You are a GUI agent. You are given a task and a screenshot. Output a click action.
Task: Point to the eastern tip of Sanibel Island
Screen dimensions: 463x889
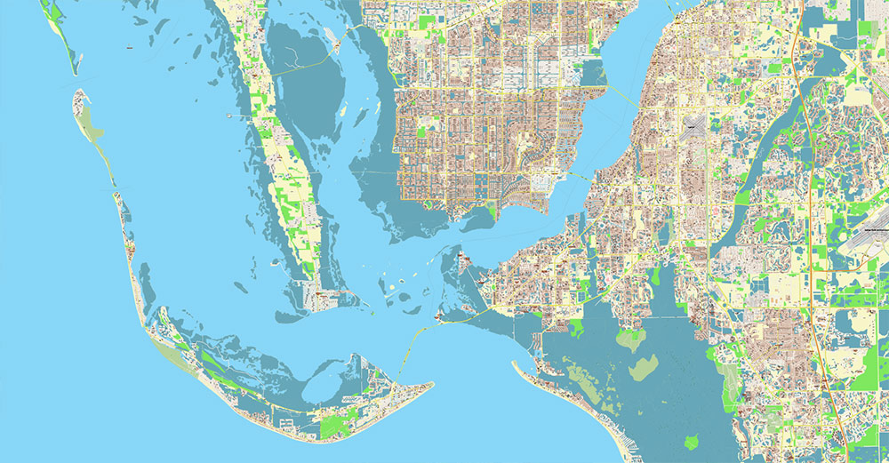[431, 385]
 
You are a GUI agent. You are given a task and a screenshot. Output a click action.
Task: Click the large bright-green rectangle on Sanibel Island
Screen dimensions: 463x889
[335, 426]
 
